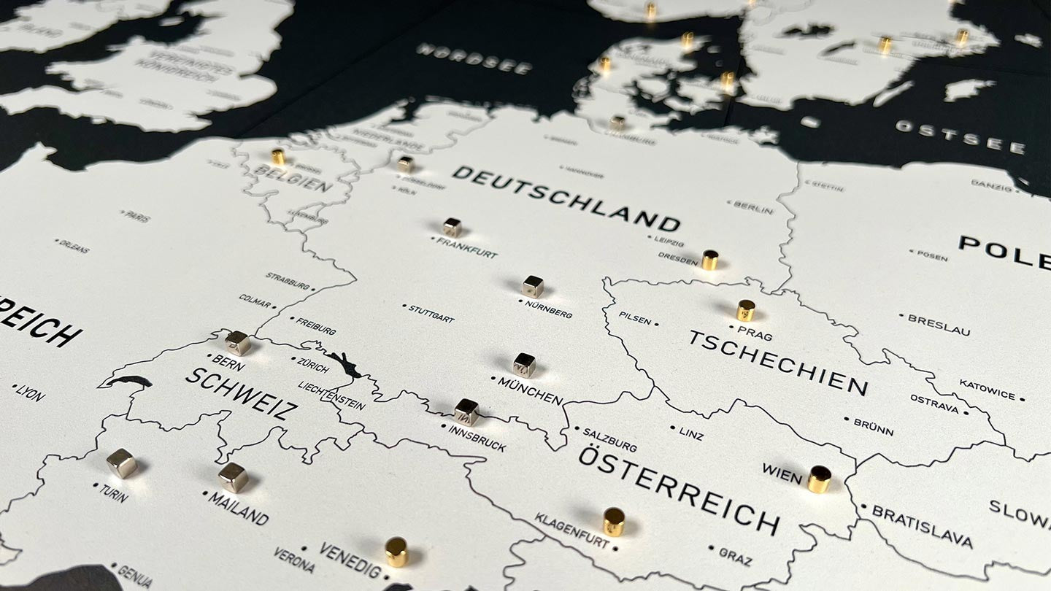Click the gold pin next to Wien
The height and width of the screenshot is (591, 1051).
[819, 479]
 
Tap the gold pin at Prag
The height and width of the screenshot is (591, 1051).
[745, 310]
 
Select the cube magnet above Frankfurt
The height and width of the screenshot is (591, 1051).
[452, 227]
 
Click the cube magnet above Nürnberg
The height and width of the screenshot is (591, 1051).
[533, 286]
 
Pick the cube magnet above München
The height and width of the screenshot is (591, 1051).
[523, 364]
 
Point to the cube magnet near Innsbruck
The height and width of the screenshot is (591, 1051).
[466, 412]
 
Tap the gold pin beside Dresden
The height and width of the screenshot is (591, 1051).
[709, 260]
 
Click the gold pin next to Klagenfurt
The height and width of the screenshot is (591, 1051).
[613, 521]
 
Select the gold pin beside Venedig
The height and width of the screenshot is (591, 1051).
[396, 552]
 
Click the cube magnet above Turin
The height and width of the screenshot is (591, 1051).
[121, 463]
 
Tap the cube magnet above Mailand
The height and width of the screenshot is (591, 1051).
[233, 477]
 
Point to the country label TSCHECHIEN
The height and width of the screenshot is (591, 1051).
[778, 363]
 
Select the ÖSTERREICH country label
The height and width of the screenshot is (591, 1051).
[679, 489]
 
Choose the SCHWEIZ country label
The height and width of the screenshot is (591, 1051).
[241, 393]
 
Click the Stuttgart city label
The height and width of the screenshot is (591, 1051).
[431, 314]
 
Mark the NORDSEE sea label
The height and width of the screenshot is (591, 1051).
[474, 58]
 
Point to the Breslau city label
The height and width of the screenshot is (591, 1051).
[939, 325]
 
